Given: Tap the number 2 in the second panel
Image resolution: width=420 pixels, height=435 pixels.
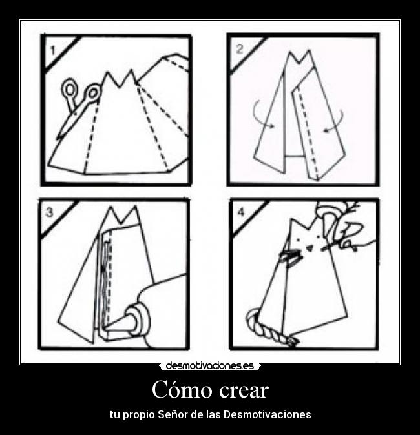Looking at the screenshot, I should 238,48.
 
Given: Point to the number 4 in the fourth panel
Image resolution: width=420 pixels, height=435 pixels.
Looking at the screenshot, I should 241,212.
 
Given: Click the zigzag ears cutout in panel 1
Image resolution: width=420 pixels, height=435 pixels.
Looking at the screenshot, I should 120,80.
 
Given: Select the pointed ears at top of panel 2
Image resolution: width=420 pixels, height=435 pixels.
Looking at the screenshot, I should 297,59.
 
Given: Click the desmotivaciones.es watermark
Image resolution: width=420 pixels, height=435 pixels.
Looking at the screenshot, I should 209,366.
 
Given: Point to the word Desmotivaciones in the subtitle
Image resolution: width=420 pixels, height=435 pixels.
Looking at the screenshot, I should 267,414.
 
